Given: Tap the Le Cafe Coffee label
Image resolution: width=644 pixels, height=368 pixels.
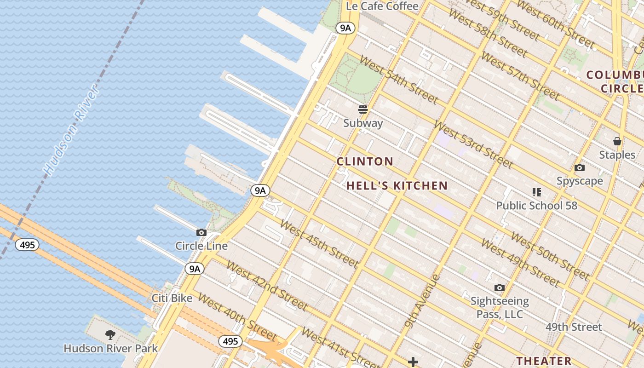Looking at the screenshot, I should pyautogui.click(x=382, y=6).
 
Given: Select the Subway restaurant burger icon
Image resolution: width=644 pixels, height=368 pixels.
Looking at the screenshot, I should pyautogui.click(x=363, y=109).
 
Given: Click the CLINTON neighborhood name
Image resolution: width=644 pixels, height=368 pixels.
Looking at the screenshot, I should pyautogui.click(x=365, y=161).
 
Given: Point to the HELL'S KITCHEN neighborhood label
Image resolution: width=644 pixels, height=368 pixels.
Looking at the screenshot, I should pyautogui.click(x=397, y=186).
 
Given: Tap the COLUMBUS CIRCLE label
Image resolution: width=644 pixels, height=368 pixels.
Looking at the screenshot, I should pyautogui.click(x=615, y=81).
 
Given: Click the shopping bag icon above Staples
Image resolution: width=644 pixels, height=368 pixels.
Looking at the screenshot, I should pyautogui.click(x=617, y=141).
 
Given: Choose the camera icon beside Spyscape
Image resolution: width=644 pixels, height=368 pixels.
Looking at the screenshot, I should pyautogui.click(x=580, y=168).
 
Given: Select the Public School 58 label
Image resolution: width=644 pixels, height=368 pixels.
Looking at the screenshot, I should pyautogui.click(x=536, y=206).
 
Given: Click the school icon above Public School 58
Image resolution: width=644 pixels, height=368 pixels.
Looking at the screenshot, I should pyautogui.click(x=536, y=192).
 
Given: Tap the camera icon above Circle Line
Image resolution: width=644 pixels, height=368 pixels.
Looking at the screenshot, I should pyautogui.click(x=201, y=233).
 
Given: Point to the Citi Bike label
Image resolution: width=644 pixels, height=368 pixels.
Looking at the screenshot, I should pyautogui.click(x=172, y=298).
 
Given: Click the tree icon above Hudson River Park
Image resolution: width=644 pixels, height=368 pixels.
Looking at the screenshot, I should pyautogui.click(x=110, y=335).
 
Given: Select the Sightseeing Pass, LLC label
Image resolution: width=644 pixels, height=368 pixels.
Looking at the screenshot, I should pyautogui.click(x=500, y=308).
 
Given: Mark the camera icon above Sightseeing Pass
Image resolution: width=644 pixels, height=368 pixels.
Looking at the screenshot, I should pyautogui.click(x=499, y=288).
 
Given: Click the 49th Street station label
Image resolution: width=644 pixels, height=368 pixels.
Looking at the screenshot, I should pyautogui.click(x=574, y=327).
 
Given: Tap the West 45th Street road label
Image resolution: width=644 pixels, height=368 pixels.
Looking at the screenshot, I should pyautogui.click(x=318, y=244).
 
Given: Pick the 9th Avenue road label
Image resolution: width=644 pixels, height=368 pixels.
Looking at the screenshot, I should pyautogui.click(x=422, y=302).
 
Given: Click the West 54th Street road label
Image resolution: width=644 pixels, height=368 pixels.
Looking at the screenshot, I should pyautogui.click(x=398, y=80).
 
